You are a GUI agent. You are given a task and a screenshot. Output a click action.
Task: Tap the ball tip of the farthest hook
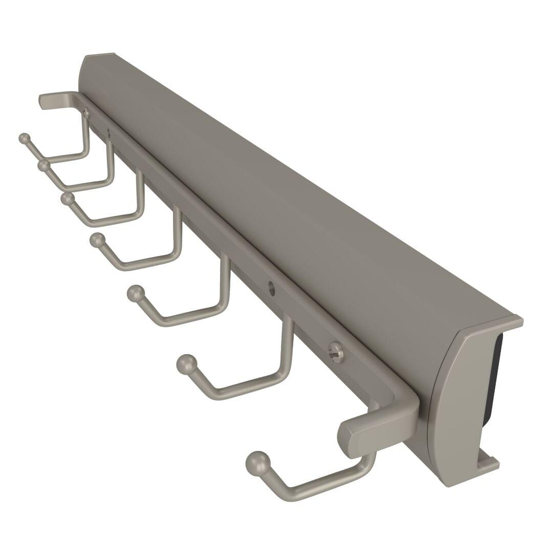coord(24,138)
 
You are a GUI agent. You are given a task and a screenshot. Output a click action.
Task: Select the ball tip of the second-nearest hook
coord(187,364)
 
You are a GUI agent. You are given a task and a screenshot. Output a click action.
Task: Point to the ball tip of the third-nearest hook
coord(136,294)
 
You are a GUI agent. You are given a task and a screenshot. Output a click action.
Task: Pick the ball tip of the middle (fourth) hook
coord(97,240)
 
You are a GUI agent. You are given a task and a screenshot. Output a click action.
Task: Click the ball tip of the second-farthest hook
coord(43,166)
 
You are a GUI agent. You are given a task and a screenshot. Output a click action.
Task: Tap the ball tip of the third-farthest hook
coord(67,199)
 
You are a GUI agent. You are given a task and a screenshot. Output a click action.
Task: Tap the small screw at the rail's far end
coord(85,114)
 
